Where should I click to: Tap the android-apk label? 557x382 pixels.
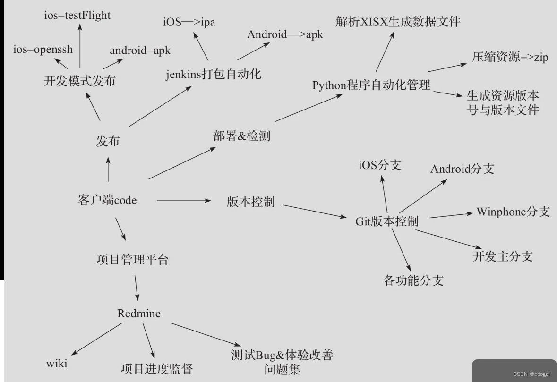pyautogui.click(x=140, y=50)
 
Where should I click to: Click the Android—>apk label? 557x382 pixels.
pyautogui.click(x=285, y=34)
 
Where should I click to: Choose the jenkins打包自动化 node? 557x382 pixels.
pyautogui.click(x=214, y=74)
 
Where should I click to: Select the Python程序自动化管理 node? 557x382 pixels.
pyautogui.click(x=371, y=85)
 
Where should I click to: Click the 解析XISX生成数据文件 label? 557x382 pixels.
pyautogui.click(x=398, y=21)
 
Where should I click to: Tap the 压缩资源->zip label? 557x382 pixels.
pyautogui.click(x=510, y=58)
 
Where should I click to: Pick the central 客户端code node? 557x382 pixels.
pyautogui.click(x=107, y=200)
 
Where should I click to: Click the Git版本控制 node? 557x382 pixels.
pyautogui.click(x=386, y=221)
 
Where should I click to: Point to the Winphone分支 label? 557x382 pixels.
pyautogui.click(x=513, y=211)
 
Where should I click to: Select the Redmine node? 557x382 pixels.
pyautogui.click(x=138, y=313)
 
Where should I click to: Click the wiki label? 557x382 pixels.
pyautogui.click(x=57, y=364)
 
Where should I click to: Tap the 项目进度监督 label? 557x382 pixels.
pyautogui.click(x=156, y=368)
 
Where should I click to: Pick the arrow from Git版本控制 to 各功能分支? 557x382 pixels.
pyautogui.click(x=401, y=251)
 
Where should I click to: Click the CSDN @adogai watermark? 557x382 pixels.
pyautogui.click(x=531, y=374)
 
